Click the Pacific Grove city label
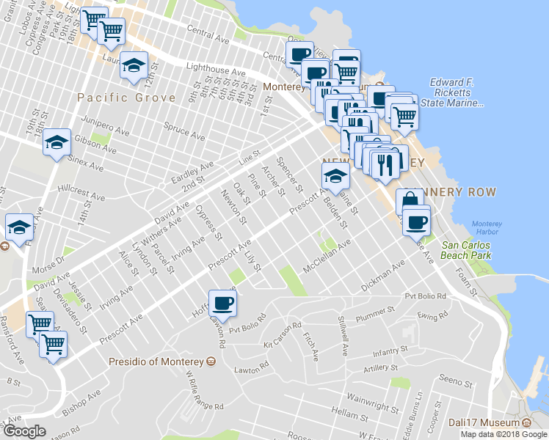pos(126,98)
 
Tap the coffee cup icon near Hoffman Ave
pos(222,301)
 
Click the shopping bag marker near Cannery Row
pos(410,201)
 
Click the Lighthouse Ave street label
pos(216,72)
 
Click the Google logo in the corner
pos(24,430)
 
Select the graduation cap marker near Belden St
pos(335,176)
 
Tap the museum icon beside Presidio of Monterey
pos(211,362)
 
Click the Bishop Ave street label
pos(81,403)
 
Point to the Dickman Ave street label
pos(382,276)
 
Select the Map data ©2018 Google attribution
pos(503,434)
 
